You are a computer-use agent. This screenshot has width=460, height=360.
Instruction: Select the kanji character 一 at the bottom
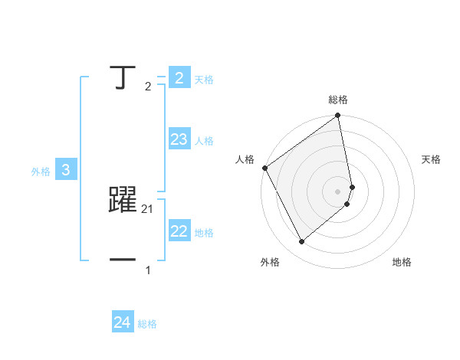click(x=123, y=260)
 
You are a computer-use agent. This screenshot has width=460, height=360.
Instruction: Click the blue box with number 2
click(x=179, y=77)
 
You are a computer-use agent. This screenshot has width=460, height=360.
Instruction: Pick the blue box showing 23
click(x=179, y=139)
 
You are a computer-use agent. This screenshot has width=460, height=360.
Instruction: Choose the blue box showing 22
click(x=179, y=231)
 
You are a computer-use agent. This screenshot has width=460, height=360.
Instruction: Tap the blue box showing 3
click(x=66, y=170)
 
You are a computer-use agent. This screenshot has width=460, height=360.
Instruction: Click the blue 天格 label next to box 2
click(x=204, y=80)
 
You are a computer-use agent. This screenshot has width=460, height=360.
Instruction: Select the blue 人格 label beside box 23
click(x=204, y=141)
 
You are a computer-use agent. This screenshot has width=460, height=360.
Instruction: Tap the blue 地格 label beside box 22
click(x=204, y=233)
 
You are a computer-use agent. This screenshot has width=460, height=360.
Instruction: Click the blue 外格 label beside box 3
click(x=41, y=172)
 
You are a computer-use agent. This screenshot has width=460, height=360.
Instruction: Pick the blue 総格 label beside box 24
click(x=147, y=325)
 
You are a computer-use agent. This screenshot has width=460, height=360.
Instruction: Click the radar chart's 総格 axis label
click(x=338, y=100)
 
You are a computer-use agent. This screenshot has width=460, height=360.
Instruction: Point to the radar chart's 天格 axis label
click(x=432, y=159)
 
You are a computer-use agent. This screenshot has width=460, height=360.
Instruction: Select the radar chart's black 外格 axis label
click(x=270, y=262)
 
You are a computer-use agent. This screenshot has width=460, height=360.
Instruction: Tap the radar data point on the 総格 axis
click(x=338, y=116)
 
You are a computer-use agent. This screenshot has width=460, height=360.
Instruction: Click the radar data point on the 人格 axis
click(x=264, y=168)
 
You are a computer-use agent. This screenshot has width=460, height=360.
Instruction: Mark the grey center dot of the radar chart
click(x=338, y=191)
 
